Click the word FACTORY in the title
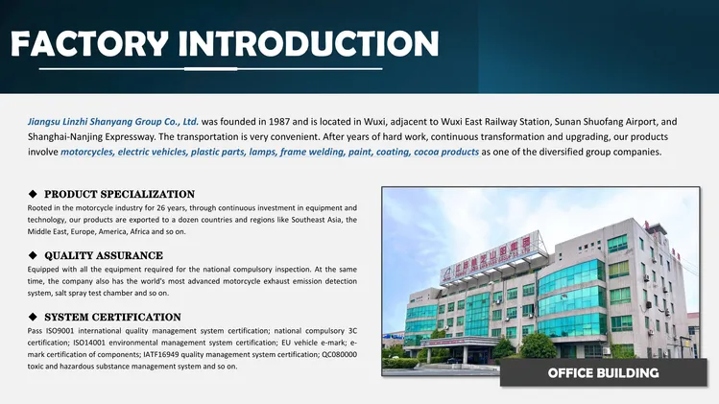coord(89,44)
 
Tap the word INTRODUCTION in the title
coord(308,44)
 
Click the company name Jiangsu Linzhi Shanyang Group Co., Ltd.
coord(113,122)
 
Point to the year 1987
coord(279,122)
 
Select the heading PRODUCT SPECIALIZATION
coord(120,194)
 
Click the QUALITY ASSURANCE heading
coord(104,255)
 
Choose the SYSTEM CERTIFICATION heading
coord(113,317)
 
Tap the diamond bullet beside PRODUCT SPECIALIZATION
coord(33,194)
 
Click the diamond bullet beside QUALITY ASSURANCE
coord(33,255)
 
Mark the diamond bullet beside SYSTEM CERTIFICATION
coord(33,317)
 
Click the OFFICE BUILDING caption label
coord(604,373)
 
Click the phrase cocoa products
coord(446,152)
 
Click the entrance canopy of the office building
coord(459,342)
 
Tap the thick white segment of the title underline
coord(211,69)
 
